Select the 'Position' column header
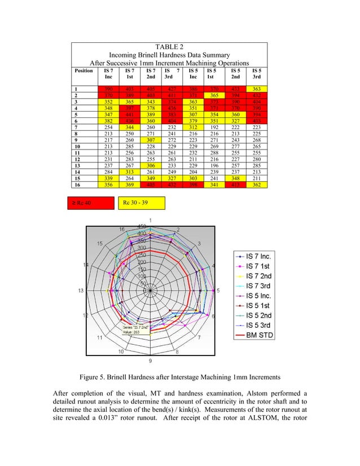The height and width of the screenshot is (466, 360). [x=84, y=71]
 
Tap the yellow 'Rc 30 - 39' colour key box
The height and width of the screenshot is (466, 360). [x=142, y=203]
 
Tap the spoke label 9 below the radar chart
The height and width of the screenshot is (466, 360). [x=150, y=361]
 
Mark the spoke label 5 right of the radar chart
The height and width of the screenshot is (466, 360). [x=218, y=291]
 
